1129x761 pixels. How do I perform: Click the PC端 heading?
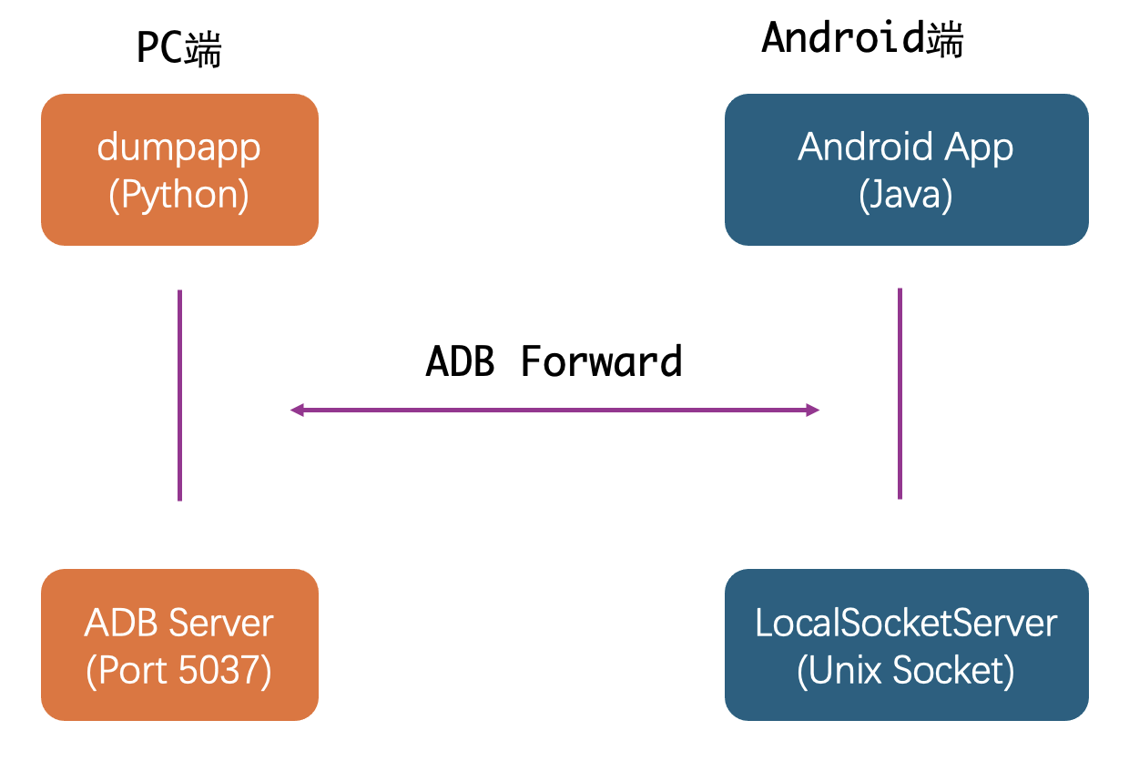coord(179,48)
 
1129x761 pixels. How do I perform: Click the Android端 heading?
coord(862,39)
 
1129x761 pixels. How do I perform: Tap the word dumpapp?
coord(179,147)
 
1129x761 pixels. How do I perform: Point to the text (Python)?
coord(179,195)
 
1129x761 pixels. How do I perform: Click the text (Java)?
coord(906,195)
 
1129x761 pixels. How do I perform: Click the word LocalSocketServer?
coord(906,624)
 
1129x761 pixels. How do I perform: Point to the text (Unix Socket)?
coord(906,671)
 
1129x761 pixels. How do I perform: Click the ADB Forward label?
coord(554,361)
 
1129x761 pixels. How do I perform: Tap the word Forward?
coord(602,361)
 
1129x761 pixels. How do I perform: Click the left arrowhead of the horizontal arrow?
coord(296,411)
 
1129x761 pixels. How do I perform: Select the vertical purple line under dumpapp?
coord(179,395)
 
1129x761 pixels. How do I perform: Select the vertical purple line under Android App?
coord(900,393)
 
